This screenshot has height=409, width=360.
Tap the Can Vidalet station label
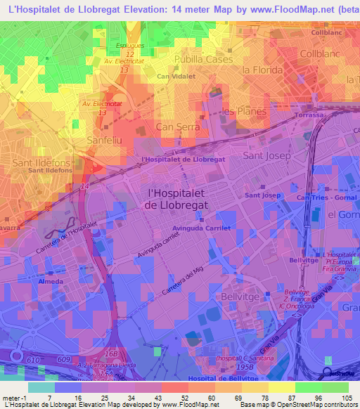[x=175, y=76]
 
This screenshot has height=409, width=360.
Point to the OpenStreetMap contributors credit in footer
[x=311, y=405]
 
